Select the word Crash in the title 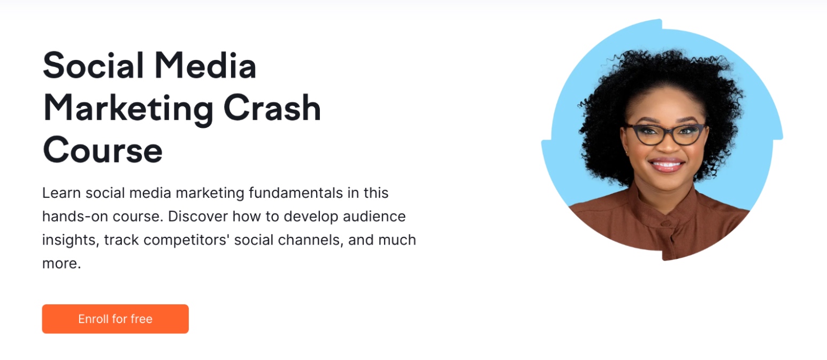[272, 108]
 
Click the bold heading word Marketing [128, 108]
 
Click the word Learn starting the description [61, 193]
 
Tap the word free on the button [141, 319]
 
